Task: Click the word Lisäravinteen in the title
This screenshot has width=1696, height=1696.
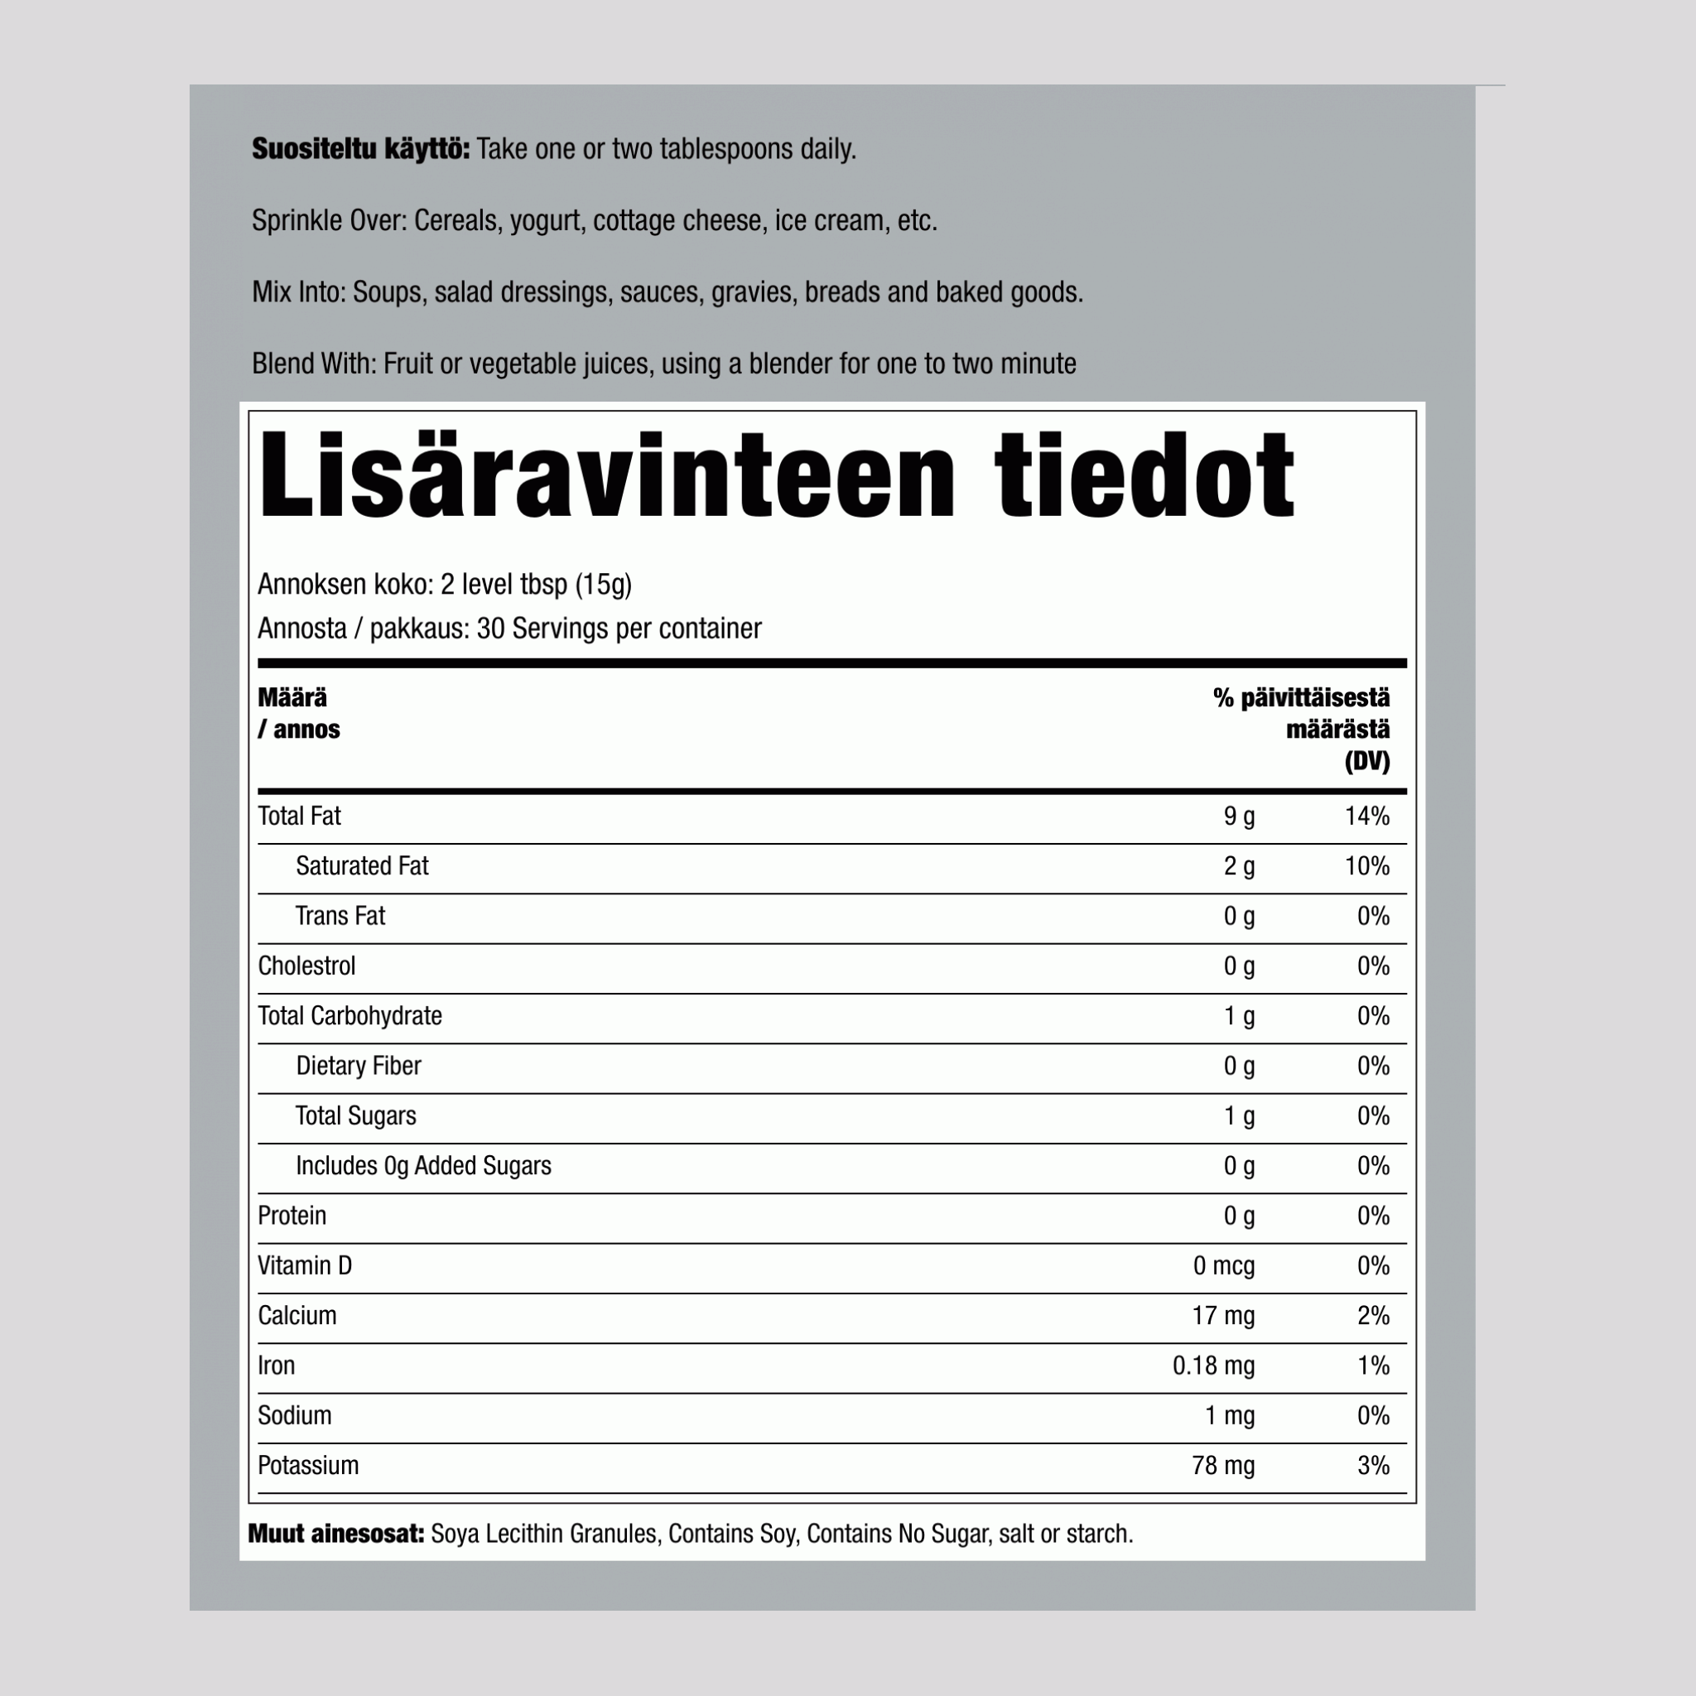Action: point(605,477)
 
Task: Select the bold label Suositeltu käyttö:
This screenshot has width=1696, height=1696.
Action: point(361,149)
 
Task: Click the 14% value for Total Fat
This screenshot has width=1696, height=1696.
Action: point(1366,817)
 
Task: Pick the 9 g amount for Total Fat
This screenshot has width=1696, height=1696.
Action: point(1239,817)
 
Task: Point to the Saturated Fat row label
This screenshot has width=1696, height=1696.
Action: point(362,866)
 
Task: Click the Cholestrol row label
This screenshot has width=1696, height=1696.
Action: point(306,966)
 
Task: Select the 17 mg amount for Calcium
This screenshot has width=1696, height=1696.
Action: point(1223,1316)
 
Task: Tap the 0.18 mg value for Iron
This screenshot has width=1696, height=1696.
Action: point(1213,1366)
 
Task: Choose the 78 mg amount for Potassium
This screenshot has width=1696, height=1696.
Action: point(1223,1466)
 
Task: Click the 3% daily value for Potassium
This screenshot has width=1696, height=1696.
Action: point(1373,1466)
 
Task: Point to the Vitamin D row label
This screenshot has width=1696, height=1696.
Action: point(305,1266)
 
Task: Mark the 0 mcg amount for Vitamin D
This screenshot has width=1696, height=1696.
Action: point(1224,1266)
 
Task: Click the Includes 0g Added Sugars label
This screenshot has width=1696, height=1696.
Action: point(423,1166)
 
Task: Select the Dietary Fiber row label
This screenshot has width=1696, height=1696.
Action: point(358,1066)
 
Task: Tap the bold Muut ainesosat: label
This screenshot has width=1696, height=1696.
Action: point(336,1535)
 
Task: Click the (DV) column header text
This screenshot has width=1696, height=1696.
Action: point(1366,761)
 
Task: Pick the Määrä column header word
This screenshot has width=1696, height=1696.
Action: point(292,698)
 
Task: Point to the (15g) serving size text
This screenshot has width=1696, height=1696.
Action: point(603,585)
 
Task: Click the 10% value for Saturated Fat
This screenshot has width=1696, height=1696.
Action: point(1366,866)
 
